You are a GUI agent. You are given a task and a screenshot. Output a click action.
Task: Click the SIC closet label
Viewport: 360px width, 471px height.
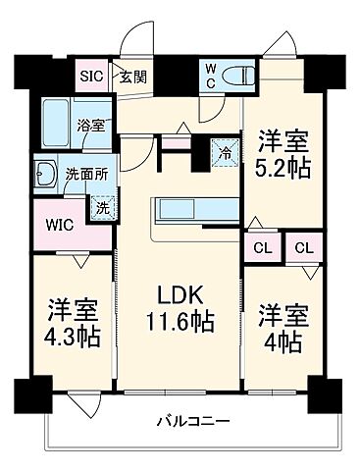coord(91,74)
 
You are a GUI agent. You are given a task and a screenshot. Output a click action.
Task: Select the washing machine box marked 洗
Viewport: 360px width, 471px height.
coord(101,206)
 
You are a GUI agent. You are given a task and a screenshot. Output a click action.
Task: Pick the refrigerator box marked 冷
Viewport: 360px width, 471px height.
coord(225,153)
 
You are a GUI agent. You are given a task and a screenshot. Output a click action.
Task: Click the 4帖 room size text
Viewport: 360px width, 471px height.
coord(284,343)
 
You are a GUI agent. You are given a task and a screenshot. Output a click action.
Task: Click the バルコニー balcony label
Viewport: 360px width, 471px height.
coord(193,423)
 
